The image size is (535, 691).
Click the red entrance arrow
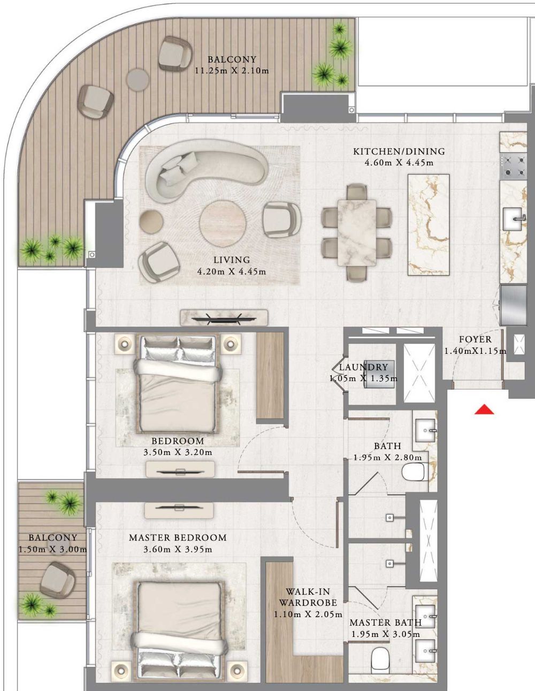coord(484,409)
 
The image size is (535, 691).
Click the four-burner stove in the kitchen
coord(514,166)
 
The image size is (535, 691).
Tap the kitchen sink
coord(512,218)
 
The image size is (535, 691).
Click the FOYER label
coord(475,339)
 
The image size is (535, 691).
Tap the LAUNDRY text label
coord(363,367)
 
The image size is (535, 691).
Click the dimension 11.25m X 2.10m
coord(232,71)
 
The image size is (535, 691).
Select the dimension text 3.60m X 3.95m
coord(178,549)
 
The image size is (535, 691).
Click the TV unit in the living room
coord(224,317)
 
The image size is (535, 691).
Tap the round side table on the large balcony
coord(137,80)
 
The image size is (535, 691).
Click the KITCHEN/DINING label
coord(399,151)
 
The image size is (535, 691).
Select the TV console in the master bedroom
coord(179,511)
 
